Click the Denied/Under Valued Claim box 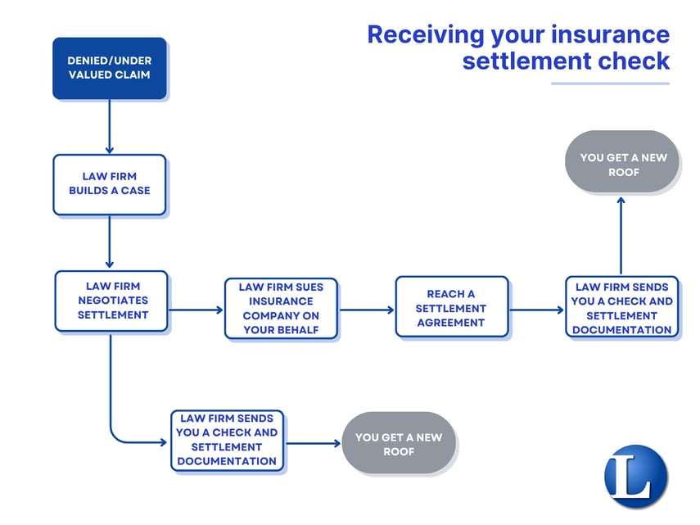pyautogui.click(x=110, y=68)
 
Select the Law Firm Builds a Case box pyautogui.click(x=110, y=184)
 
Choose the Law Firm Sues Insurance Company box pyautogui.click(x=281, y=309)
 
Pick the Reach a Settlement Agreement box pyautogui.click(x=451, y=307)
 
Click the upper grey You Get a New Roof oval pyautogui.click(x=623, y=162)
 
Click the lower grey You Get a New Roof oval pyautogui.click(x=398, y=443)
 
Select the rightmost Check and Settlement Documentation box pyautogui.click(x=622, y=307)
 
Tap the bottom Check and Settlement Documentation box pyautogui.click(x=227, y=441)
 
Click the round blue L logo pyautogui.click(x=636, y=476)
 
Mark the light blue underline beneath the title pyautogui.click(x=610, y=83)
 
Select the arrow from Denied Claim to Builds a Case pyautogui.click(x=109, y=126)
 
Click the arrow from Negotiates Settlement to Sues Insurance pyautogui.click(x=196, y=310)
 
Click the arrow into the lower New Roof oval pyautogui.click(x=313, y=443)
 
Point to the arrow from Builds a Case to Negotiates pyautogui.click(x=109, y=242)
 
